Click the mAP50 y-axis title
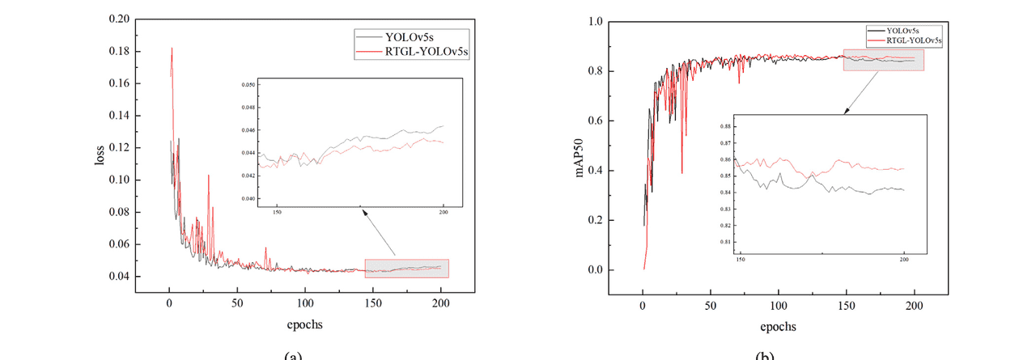pos(580,159)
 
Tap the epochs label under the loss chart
pos(305,326)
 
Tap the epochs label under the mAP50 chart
pos(778,327)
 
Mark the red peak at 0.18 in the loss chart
pos(172,49)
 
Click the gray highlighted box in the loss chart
pos(406,268)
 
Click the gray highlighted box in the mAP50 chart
pos(883,60)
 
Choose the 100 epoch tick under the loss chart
pos(305,303)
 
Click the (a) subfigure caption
pos(292,356)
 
